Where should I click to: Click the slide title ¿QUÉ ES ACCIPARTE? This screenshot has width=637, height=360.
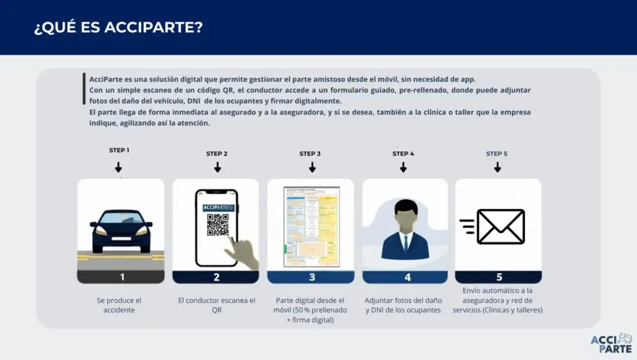click(x=118, y=28)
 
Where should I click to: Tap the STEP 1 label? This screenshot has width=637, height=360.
click(x=119, y=150)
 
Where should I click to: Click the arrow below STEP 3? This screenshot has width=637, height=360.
click(x=312, y=167)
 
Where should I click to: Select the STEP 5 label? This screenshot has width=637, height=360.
click(x=497, y=154)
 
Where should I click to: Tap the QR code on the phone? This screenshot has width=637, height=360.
click(x=218, y=225)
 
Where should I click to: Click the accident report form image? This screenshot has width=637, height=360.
click(x=311, y=226)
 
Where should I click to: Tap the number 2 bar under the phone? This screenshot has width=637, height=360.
click(x=216, y=277)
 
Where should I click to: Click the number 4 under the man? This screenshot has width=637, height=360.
click(x=407, y=277)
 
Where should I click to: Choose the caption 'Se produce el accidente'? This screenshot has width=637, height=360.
click(x=119, y=305)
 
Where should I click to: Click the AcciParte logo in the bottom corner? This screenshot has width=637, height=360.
click(x=611, y=343)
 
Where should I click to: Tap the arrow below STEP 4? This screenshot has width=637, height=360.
click(x=403, y=167)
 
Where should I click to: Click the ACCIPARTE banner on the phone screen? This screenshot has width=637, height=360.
click(x=218, y=207)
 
